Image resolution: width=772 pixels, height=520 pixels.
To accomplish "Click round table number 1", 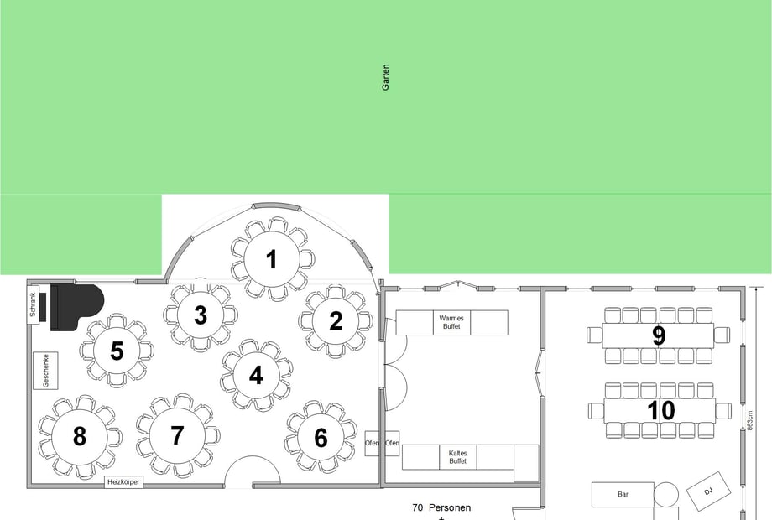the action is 271,259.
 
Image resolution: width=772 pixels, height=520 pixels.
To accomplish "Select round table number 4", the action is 256,376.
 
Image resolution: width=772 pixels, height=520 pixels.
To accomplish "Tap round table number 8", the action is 79,436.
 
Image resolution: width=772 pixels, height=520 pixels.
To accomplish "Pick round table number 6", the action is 321,437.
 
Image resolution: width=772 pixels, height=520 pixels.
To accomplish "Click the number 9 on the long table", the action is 659,335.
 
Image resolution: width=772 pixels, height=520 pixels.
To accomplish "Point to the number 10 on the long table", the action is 660,410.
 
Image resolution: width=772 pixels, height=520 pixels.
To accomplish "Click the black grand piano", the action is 77,306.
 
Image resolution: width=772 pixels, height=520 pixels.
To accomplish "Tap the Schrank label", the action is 33,304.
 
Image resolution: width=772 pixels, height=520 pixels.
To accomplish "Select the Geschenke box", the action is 46,371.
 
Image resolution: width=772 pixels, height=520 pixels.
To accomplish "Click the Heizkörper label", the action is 123,482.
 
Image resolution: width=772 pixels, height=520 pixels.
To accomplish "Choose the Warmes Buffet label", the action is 451,322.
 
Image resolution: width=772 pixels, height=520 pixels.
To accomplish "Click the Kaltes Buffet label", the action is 458,457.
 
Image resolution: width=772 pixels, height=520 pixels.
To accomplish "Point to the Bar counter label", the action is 623,494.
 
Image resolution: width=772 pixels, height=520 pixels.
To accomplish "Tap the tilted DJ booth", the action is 708,491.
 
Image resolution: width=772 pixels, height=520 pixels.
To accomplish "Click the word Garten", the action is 385,77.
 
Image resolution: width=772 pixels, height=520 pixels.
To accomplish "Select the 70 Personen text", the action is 441,507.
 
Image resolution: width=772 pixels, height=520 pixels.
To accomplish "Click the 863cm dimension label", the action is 750,421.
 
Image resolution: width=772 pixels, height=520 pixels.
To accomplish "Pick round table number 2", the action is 336,320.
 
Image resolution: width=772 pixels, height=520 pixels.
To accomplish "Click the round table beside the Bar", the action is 666,494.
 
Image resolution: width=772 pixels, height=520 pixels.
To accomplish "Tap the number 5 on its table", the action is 117,351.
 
